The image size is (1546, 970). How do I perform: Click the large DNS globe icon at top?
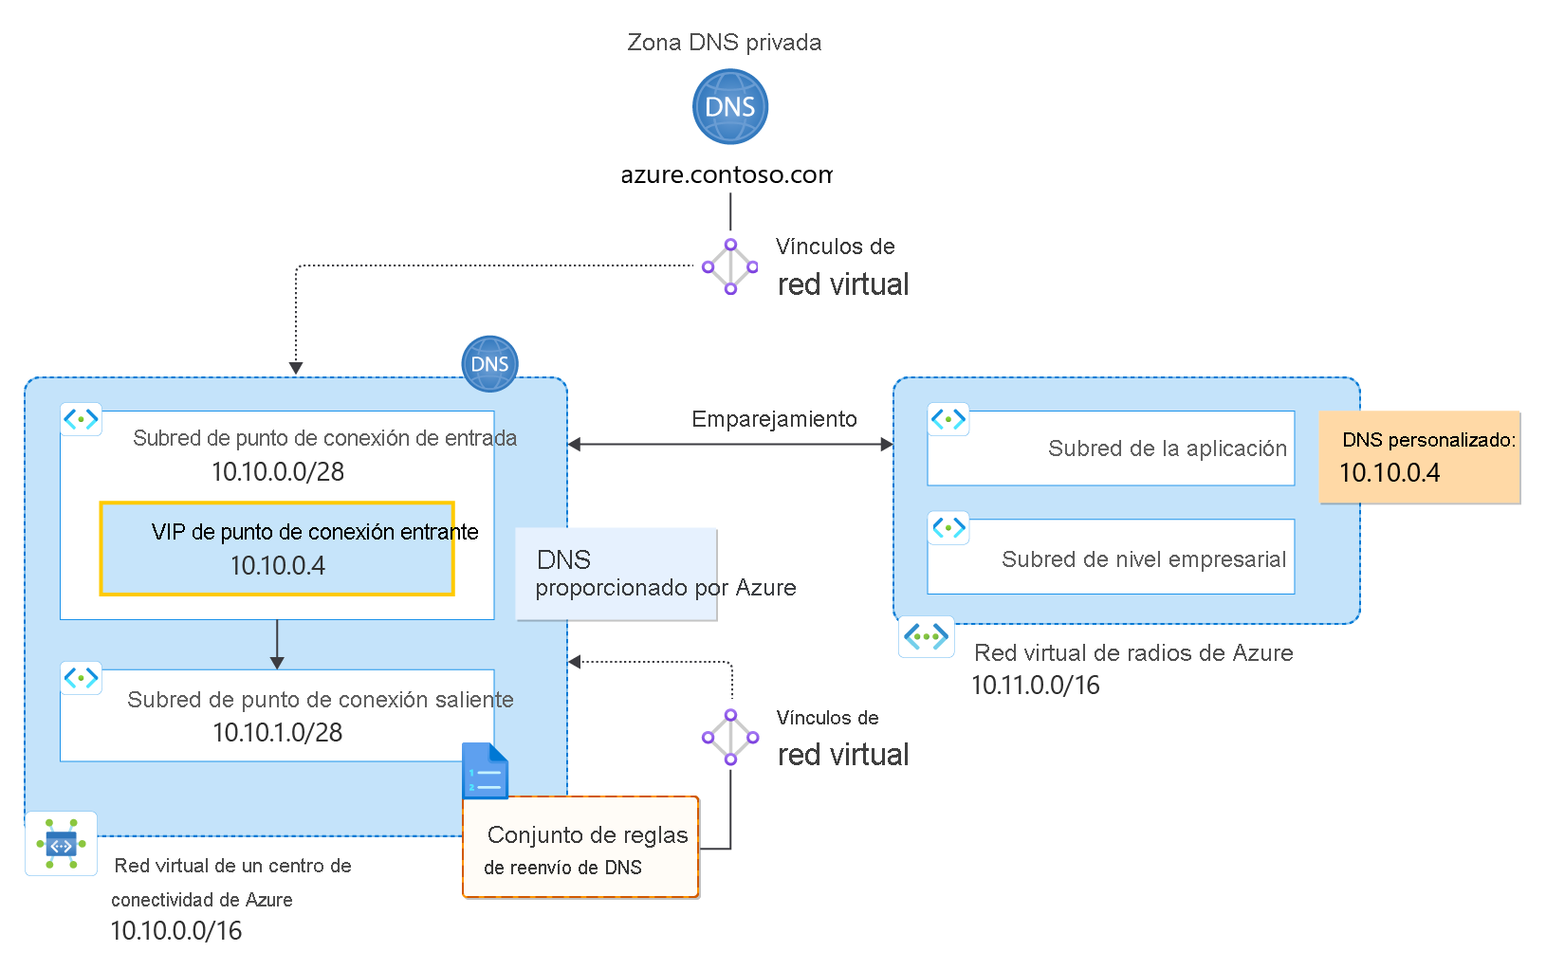[x=729, y=106]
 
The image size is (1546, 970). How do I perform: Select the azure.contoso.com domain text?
[x=726, y=175]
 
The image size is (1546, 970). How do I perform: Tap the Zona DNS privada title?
[x=724, y=43]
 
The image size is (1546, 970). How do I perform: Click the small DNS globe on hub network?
[x=489, y=364]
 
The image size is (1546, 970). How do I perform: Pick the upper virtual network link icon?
[x=730, y=266]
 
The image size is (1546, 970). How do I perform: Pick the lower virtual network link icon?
[x=730, y=737]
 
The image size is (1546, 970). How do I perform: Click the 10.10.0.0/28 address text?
[x=277, y=472]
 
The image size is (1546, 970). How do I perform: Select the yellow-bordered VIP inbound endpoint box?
[x=277, y=549]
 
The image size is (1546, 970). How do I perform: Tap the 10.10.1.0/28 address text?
[x=277, y=733]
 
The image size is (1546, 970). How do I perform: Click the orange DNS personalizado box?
[x=1419, y=457]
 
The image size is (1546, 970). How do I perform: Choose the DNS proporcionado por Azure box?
[x=617, y=575]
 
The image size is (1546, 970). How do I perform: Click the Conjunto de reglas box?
[x=580, y=848]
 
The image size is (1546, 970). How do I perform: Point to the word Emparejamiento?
[x=774, y=419]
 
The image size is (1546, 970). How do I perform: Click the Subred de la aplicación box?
[x=1111, y=448]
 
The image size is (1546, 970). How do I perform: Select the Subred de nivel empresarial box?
[x=1111, y=558]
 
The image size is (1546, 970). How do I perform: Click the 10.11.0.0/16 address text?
[x=1035, y=686]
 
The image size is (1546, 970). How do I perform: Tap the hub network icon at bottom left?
[x=62, y=844]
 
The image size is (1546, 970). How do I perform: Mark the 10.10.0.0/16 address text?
[x=176, y=931]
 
